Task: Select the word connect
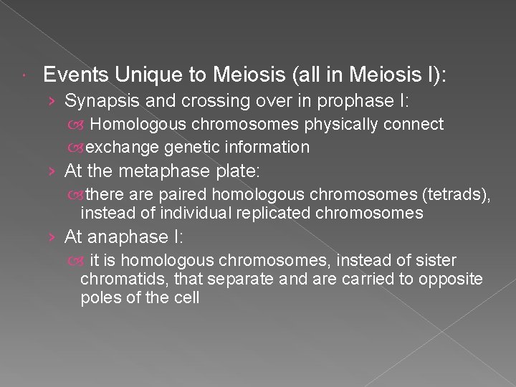click(414, 125)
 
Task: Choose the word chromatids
click(115, 278)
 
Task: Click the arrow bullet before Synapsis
click(54, 101)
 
